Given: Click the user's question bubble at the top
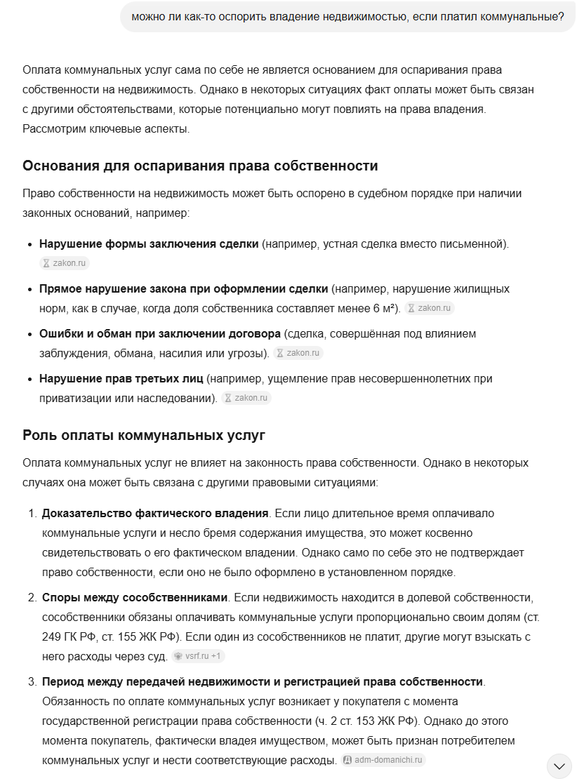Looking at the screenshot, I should click(x=347, y=16).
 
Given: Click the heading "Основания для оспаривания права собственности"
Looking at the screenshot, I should click(x=200, y=166).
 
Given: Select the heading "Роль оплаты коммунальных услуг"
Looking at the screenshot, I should click(x=144, y=435).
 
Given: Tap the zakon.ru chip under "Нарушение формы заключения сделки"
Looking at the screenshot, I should click(x=65, y=263).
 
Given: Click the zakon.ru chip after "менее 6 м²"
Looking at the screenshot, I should click(x=430, y=308).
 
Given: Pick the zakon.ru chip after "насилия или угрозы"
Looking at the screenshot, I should click(x=298, y=353).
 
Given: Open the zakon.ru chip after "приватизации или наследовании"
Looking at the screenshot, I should click(x=246, y=398).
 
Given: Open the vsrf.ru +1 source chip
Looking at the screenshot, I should click(x=199, y=656).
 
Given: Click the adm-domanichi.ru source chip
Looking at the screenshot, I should click(x=383, y=760).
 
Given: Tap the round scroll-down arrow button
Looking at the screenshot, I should click(x=559, y=766).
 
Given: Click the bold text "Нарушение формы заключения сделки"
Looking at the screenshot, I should click(x=149, y=244).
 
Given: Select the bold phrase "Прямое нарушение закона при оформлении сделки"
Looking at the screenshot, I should click(x=184, y=289).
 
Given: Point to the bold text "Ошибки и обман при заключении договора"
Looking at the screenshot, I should click(x=160, y=334).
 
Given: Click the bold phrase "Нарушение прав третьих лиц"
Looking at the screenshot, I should click(x=121, y=379).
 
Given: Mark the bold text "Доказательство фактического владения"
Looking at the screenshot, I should click(x=155, y=514).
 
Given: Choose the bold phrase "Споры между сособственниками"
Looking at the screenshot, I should click(x=135, y=598).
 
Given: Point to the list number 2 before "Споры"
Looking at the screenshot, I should click(x=32, y=598).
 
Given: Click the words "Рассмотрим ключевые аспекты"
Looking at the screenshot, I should click(x=105, y=129).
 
